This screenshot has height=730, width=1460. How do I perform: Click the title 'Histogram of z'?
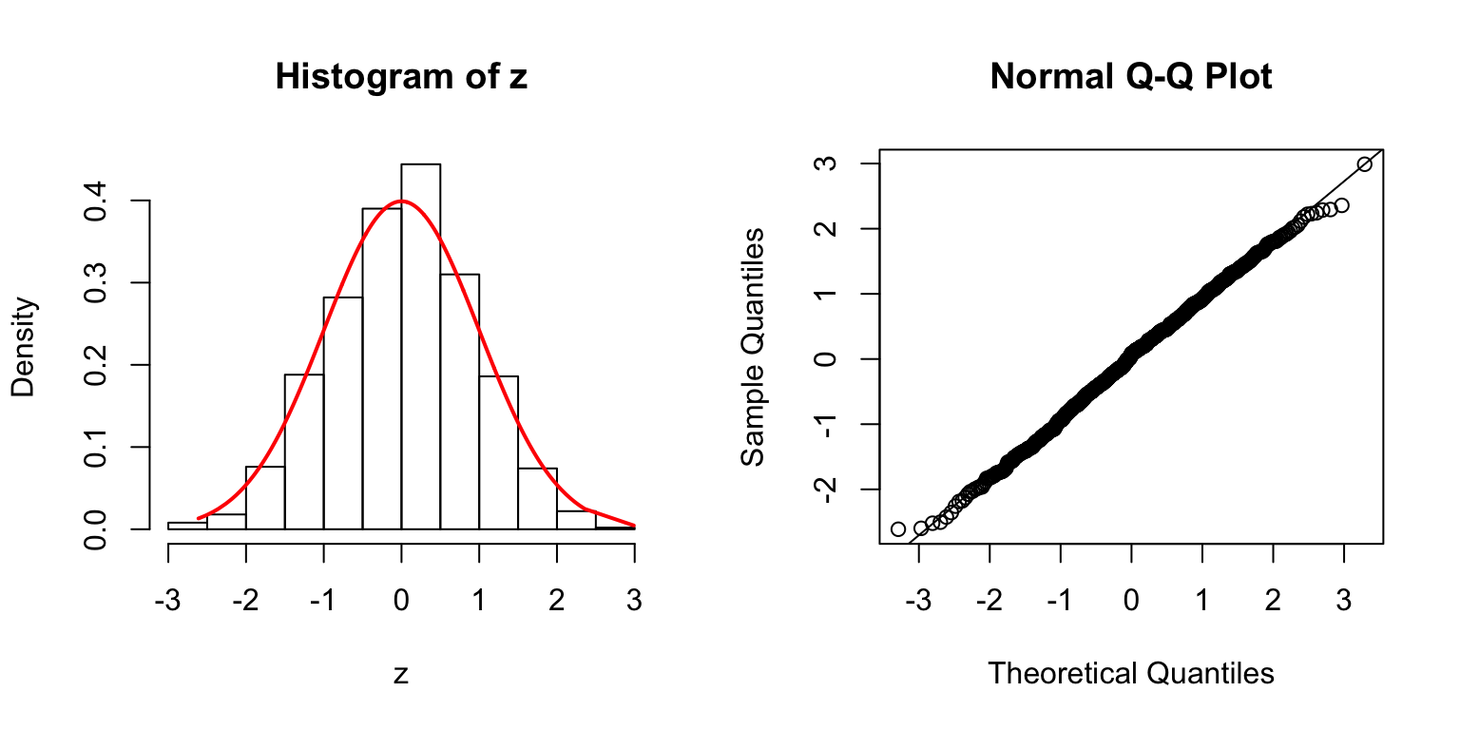(x=401, y=77)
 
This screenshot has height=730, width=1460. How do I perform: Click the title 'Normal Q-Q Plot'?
(x=1130, y=77)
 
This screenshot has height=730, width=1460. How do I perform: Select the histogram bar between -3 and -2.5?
(x=187, y=525)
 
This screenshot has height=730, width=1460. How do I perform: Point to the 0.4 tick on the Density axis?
(x=143, y=201)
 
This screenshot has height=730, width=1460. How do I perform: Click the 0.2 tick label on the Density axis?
(x=96, y=364)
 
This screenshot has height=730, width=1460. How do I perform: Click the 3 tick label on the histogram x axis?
(x=634, y=601)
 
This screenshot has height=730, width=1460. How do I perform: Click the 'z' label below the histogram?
(x=401, y=674)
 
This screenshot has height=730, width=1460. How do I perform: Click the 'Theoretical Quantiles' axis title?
(x=1130, y=674)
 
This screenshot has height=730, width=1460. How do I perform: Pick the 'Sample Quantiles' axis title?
(x=753, y=346)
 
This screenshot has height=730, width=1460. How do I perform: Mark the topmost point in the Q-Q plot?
(x=1365, y=164)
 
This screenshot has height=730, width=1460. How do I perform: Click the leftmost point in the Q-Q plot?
(x=898, y=528)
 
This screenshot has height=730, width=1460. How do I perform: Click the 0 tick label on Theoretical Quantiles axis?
(x=1131, y=601)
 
